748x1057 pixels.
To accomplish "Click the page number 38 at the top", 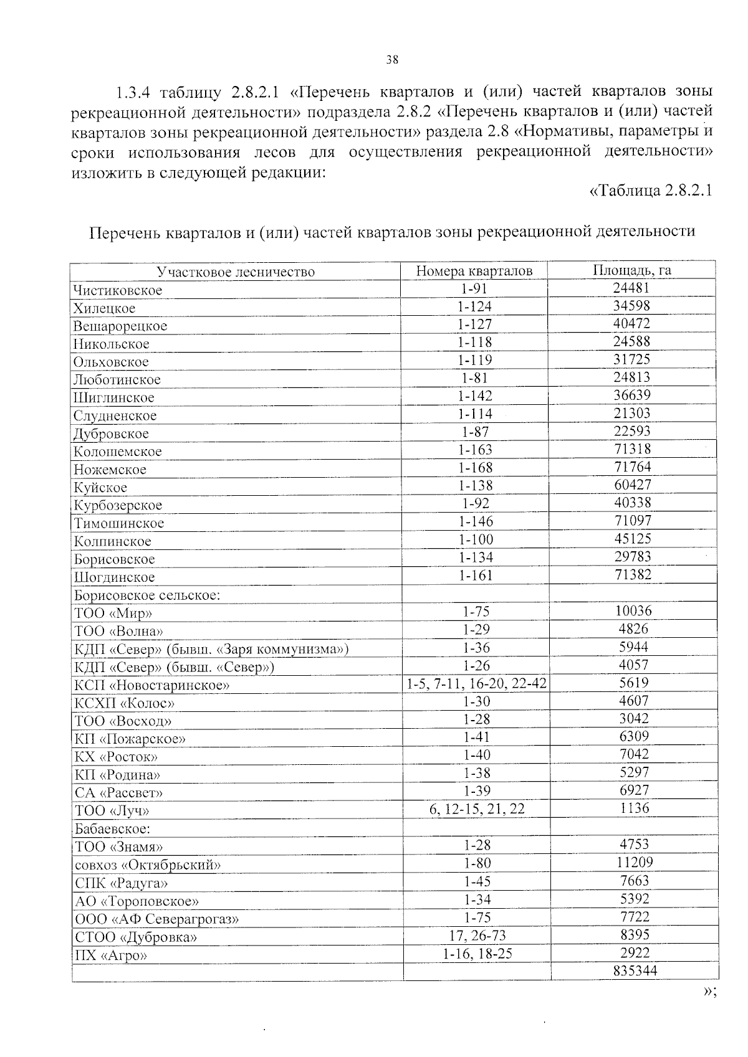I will [x=391, y=60].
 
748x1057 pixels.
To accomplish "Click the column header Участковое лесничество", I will [x=236, y=272].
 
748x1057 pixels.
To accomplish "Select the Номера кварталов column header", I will [x=474, y=270].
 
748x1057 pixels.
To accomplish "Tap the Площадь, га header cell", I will [x=631, y=270].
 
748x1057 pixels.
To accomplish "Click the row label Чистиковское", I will [x=117, y=290].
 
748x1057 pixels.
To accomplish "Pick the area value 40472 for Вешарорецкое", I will [x=631, y=323].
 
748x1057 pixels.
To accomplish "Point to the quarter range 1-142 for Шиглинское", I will [x=475, y=396].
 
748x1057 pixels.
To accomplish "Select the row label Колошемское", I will [x=117, y=452].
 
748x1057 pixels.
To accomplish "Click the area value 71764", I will [x=632, y=467].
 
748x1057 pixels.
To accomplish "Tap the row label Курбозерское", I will [x=118, y=505].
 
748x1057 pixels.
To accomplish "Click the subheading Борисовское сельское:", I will [x=146, y=595].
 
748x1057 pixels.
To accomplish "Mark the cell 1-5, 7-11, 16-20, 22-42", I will [x=476, y=683].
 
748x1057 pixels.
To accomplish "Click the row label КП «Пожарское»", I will [x=130, y=739].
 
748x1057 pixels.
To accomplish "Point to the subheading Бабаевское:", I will [x=112, y=828].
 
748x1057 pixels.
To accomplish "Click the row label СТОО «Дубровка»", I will [x=136, y=937].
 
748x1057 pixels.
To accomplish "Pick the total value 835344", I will [x=635, y=970].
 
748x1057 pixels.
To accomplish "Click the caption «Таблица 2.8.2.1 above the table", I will [x=651, y=190].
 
